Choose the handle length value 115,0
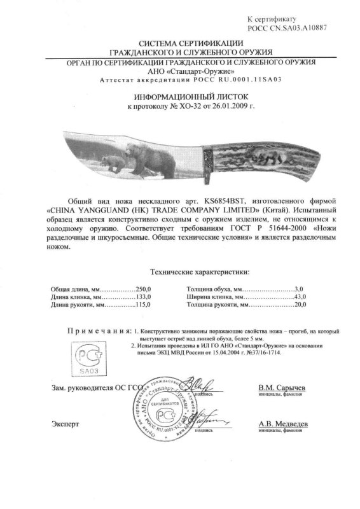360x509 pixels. pos(127,306)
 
